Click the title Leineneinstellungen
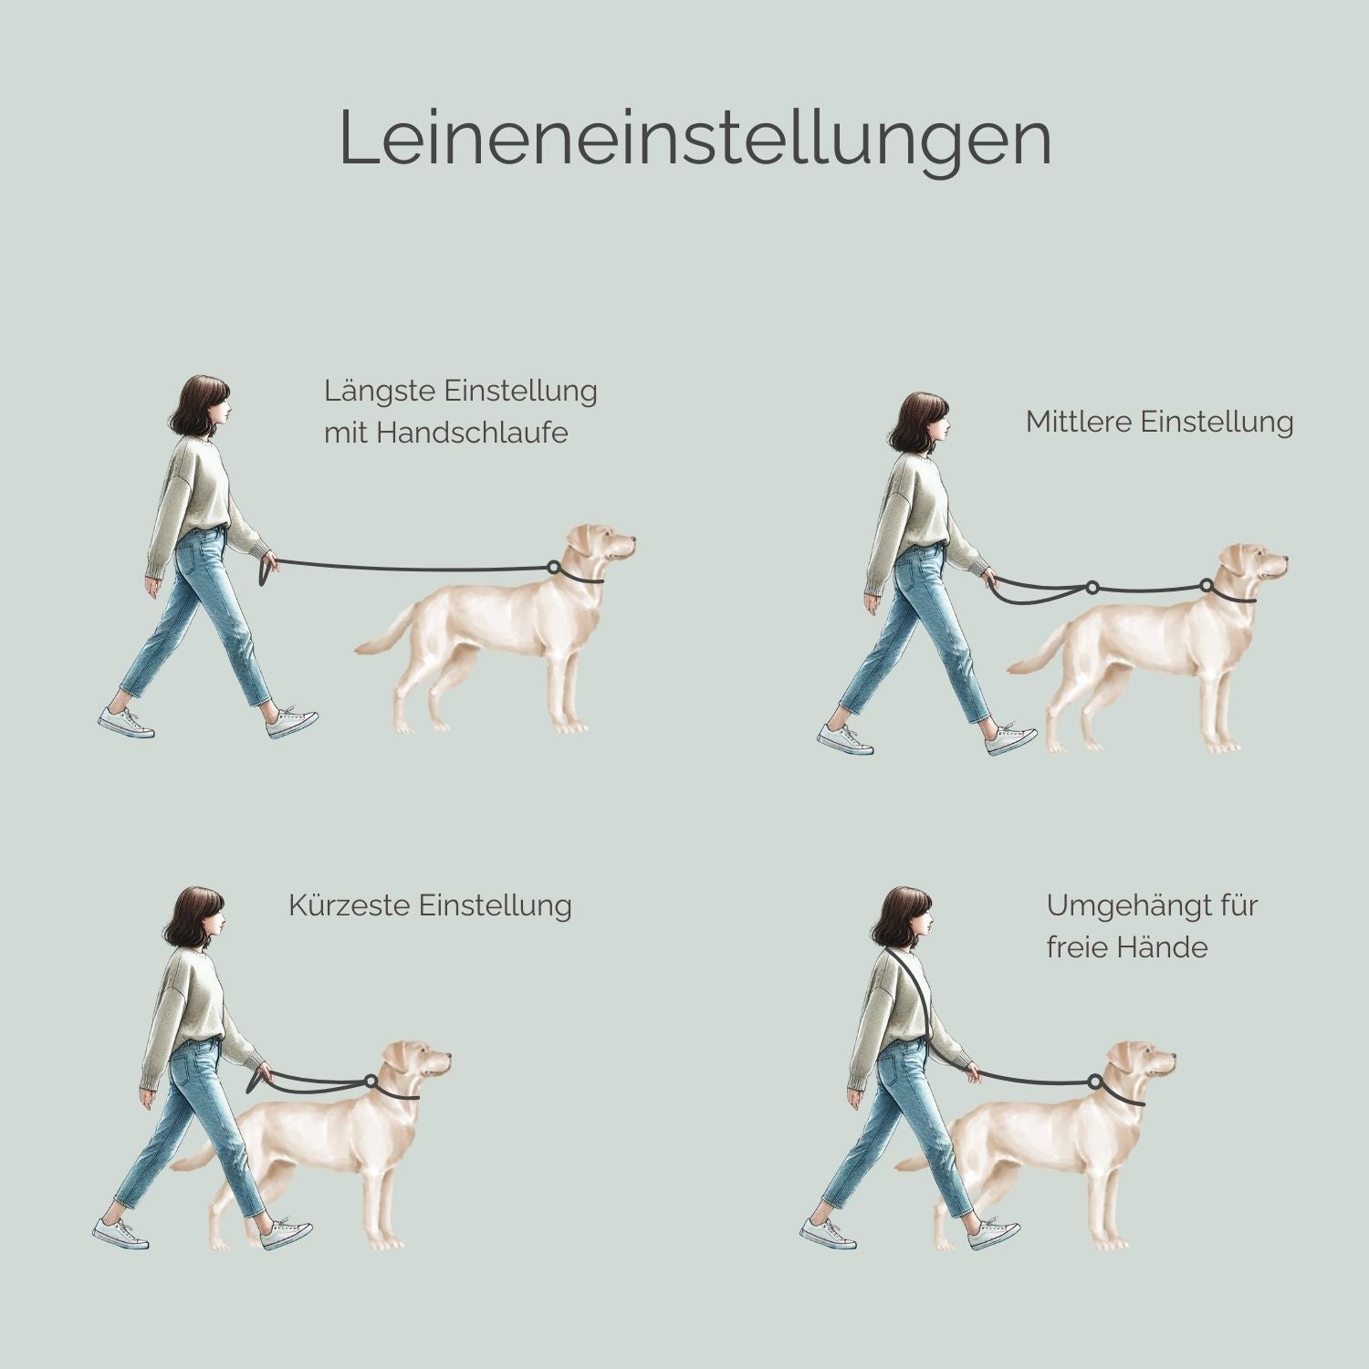(695, 139)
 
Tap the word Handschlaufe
(471, 432)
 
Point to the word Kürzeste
(350, 905)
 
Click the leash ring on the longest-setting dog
(553, 568)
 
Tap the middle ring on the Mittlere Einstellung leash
(1092, 587)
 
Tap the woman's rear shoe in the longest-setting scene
(125, 723)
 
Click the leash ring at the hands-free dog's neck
(1094, 1082)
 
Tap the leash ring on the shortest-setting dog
(371, 1082)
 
